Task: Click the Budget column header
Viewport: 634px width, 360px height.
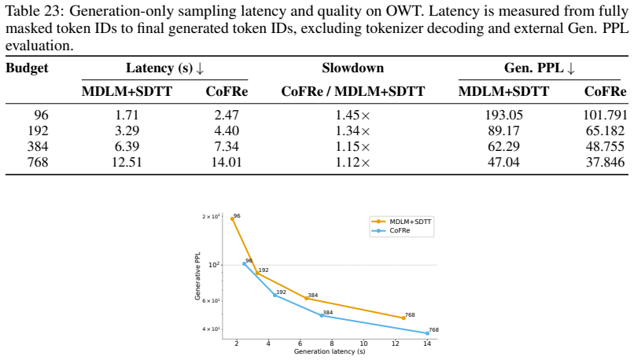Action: (x=27, y=68)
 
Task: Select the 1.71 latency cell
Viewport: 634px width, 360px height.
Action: (x=127, y=115)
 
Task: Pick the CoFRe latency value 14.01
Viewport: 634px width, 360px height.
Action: (x=227, y=163)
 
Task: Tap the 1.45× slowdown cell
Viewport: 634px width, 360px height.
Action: (x=352, y=115)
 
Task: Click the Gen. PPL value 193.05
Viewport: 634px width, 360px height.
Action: (x=503, y=115)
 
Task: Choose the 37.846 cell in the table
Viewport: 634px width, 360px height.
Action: (x=606, y=163)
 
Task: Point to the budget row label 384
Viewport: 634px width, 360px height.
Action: (x=38, y=147)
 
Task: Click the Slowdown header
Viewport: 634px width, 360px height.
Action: (x=352, y=68)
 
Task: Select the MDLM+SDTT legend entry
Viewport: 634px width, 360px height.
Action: (x=401, y=222)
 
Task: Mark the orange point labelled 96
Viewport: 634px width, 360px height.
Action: (x=233, y=219)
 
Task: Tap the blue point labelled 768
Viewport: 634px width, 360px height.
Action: (x=427, y=333)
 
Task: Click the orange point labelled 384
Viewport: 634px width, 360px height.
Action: (x=306, y=298)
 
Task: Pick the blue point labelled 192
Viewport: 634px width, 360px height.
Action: (x=275, y=296)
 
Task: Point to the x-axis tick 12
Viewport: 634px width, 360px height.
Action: (x=396, y=343)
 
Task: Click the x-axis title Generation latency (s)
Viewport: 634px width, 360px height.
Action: (x=330, y=351)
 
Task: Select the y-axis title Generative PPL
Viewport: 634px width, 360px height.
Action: (x=197, y=277)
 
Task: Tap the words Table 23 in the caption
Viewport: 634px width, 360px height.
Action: (x=35, y=11)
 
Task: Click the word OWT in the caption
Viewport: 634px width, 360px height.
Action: (x=404, y=11)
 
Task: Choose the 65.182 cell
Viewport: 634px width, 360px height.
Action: (x=606, y=131)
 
